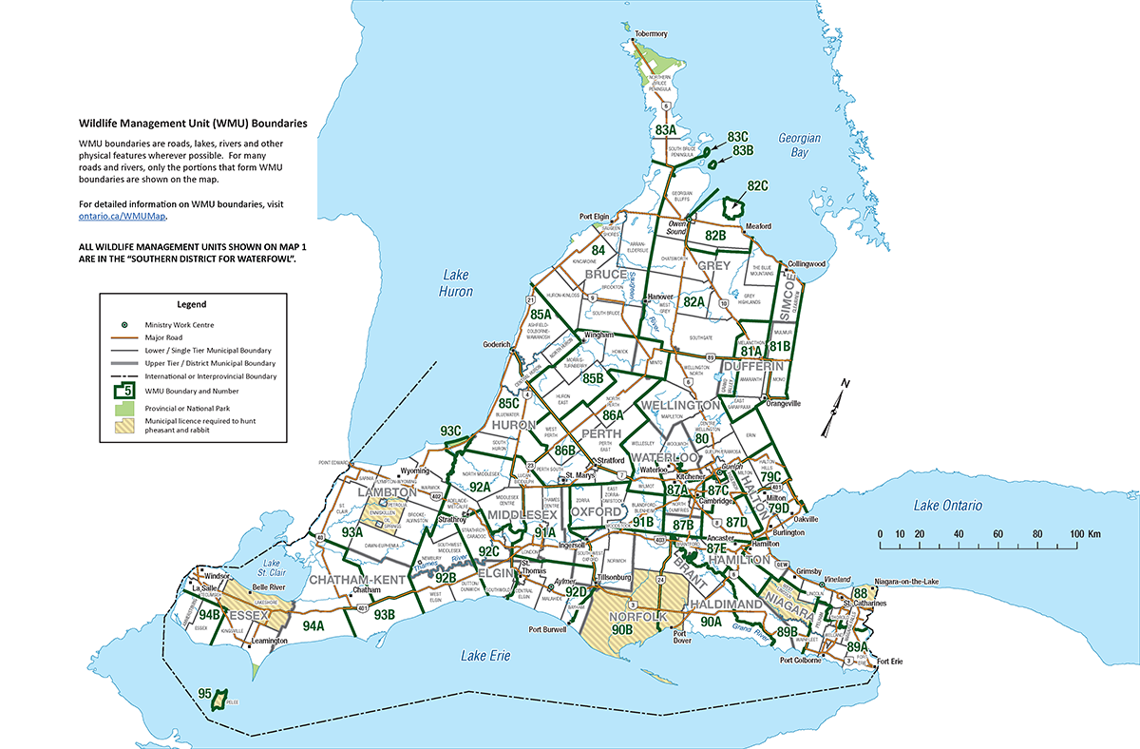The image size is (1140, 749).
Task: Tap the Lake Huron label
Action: tap(455, 284)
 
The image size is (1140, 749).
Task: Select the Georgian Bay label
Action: tap(799, 144)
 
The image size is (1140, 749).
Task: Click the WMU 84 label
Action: tap(598, 251)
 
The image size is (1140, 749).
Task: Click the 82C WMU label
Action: tap(757, 185)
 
